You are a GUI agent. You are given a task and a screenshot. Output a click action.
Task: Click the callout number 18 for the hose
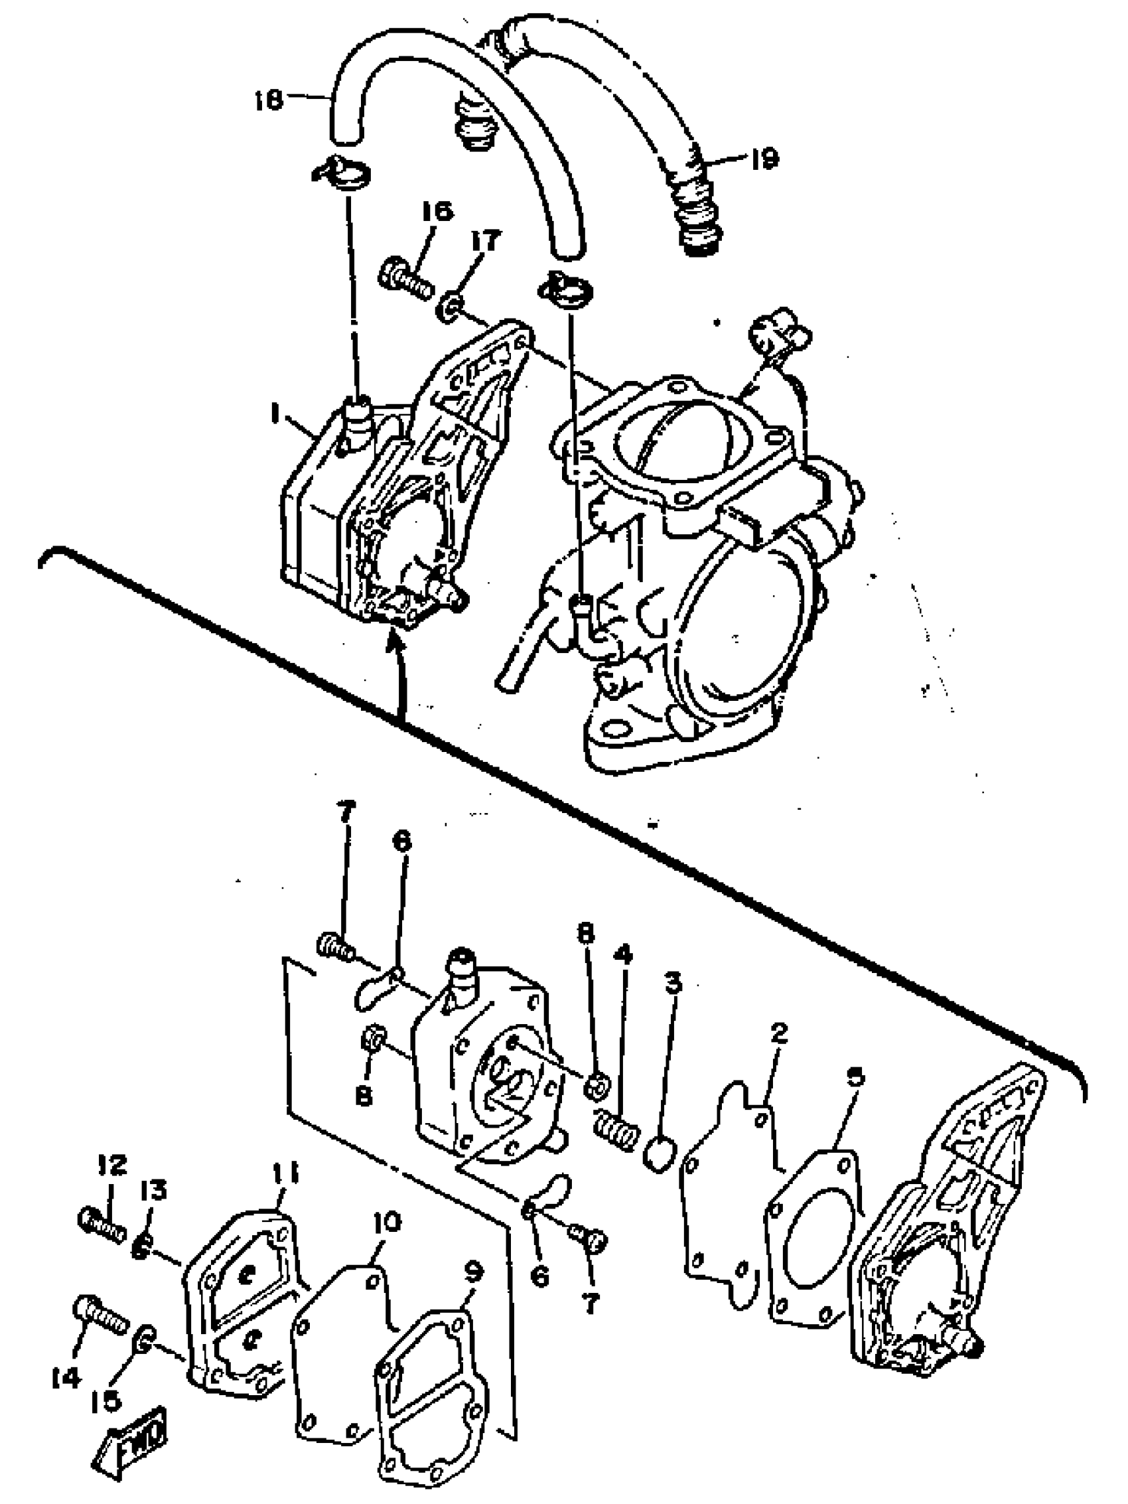pyautogui.click(x=269, y=102)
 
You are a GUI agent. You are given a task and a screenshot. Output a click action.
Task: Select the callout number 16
pyautogui.click(x=437, y=212)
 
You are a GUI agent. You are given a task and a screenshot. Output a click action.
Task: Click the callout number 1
pyautogui.click(x=275, y=414)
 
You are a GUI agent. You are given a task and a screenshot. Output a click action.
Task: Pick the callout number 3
pyautogui.click(x=672, y=983)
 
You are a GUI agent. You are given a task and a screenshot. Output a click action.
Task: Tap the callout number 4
pyautogui.click(x=623, y=955)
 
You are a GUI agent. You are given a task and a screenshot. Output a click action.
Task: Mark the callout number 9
pyautogui.click(x=473, y=1270)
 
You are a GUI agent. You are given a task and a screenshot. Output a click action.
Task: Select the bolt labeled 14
pyautogui.click(x=100, y=1311)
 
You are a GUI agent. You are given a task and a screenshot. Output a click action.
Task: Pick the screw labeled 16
pyautogui.click(x=407, y=278)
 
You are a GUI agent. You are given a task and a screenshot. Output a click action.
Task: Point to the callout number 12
pyautogui.click(x=111, y=1165)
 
